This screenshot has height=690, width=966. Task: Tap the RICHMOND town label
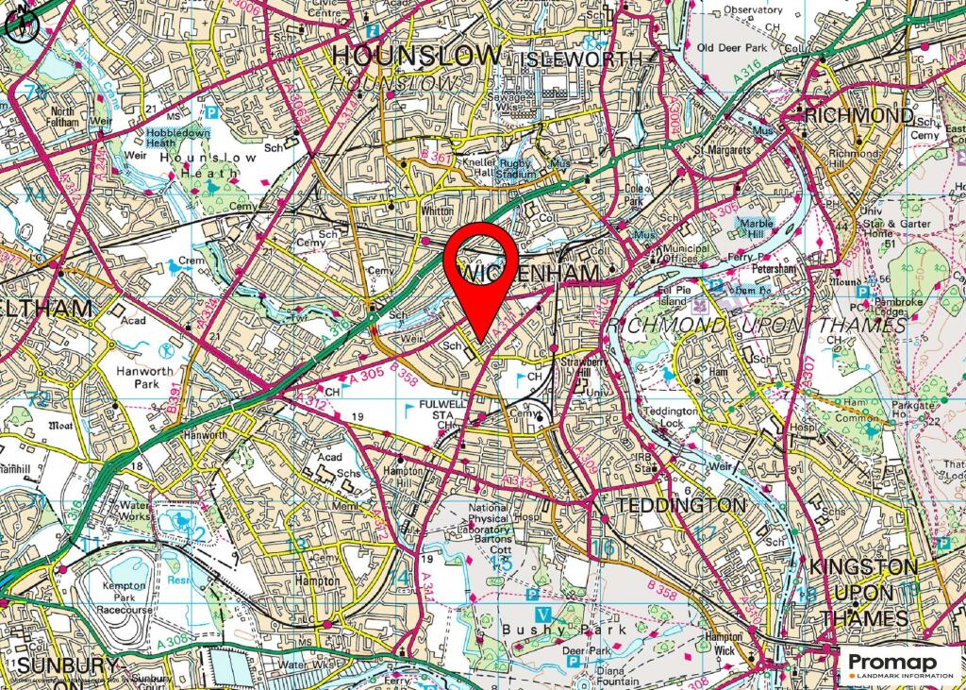click(x=858, y=116)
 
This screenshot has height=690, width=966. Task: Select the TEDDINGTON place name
click(x=680, y=505)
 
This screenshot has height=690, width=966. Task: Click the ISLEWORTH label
click(x=583, y=59)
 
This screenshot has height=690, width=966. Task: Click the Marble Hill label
click(x=756, y=229)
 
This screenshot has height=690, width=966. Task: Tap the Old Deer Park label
click(x=735, y=46)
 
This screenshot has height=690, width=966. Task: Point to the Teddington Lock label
click(x=672, y=418)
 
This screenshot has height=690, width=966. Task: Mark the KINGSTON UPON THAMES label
click(x=863, y=592)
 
